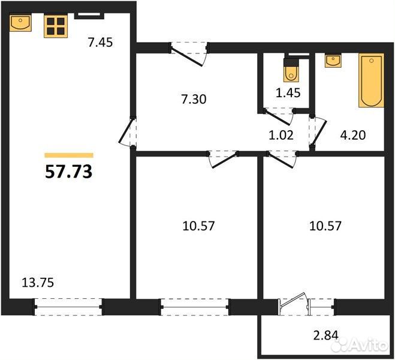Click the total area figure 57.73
pos(68,172)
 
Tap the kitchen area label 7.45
pos(100,42)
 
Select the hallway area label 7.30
pos(194,99)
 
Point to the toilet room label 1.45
pos(288,93)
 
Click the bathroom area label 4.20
pos(353,135)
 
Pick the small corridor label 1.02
pos(281,135)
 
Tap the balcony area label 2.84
pos(325,335)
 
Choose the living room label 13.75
pos(38,283)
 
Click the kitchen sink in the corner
pos(20,23)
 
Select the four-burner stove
pos(56,26)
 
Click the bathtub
pos(371,80)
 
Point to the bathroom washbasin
pos(333,61)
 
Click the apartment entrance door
pos(189,54)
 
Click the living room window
pos(68,307)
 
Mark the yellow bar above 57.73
pos(69,155)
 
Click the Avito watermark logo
pos(359,344)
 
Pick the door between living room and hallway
pos(128,132)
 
